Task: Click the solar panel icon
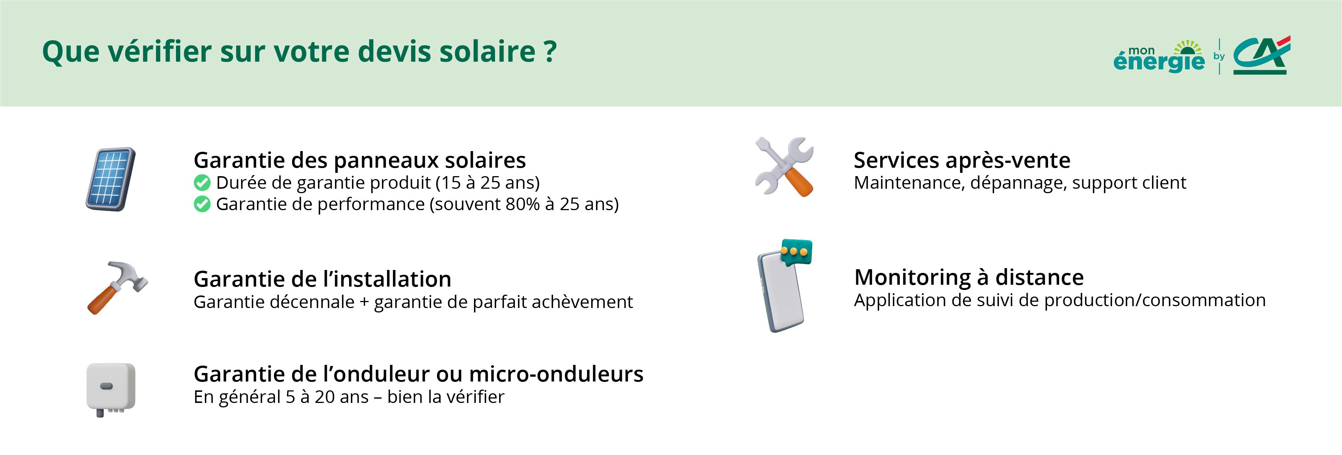tap(111, 179)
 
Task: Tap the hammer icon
tap(117, 287)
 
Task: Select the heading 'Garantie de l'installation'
tap(322, 279)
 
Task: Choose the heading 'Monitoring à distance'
tap(969, 277)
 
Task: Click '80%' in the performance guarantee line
tap(522, 204)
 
